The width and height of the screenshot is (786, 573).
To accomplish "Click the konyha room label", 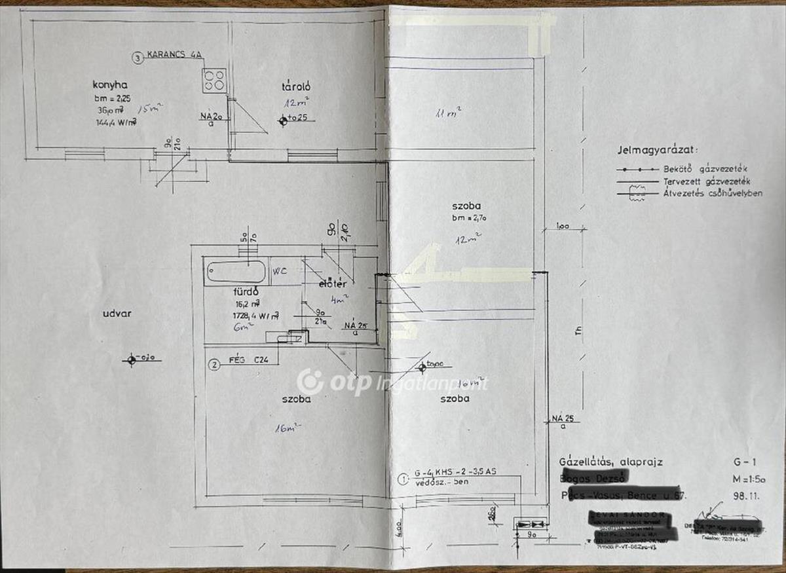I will click(x=109, y=84).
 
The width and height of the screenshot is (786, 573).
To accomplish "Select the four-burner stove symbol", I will click(x=214, y=81).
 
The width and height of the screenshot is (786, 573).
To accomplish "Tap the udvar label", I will click(x=117, y=313).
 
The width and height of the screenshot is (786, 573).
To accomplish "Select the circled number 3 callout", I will click(x=137, y=58).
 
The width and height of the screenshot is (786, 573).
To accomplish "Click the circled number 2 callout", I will click(x=213, y=365).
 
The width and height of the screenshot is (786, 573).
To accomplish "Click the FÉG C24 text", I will click(x=253, y=360).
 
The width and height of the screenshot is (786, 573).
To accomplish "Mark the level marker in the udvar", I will click(x=132, y=359).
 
